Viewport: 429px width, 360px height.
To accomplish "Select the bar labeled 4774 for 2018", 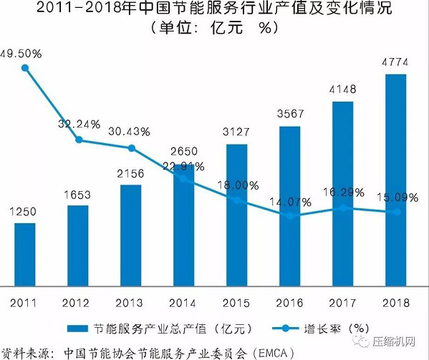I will (395, 179).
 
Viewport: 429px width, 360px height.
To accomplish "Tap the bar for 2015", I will (236, 215).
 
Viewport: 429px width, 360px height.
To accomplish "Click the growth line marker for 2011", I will (25, 68).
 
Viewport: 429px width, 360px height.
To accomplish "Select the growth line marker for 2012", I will (78, 140).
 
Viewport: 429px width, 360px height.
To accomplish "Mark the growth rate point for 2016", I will (289, 215).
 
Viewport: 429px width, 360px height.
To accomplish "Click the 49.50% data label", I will (21, 54).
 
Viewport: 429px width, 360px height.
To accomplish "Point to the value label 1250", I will (25, 212).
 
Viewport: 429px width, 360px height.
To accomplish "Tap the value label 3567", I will (289, 115).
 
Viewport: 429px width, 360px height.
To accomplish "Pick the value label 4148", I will (342, 91).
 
